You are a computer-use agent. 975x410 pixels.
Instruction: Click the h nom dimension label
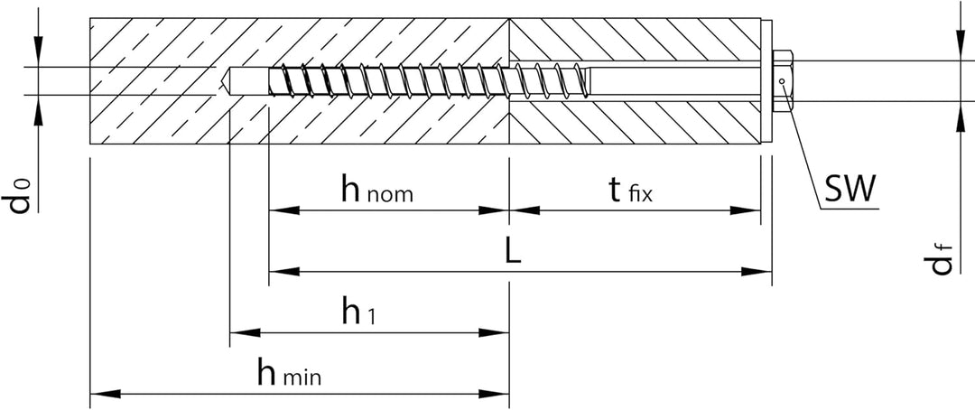(x=376, y=191)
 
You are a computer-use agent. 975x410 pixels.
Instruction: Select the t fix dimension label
(x=630, y=191)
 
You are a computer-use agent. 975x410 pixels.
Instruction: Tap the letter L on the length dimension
(x=513, y=253)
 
